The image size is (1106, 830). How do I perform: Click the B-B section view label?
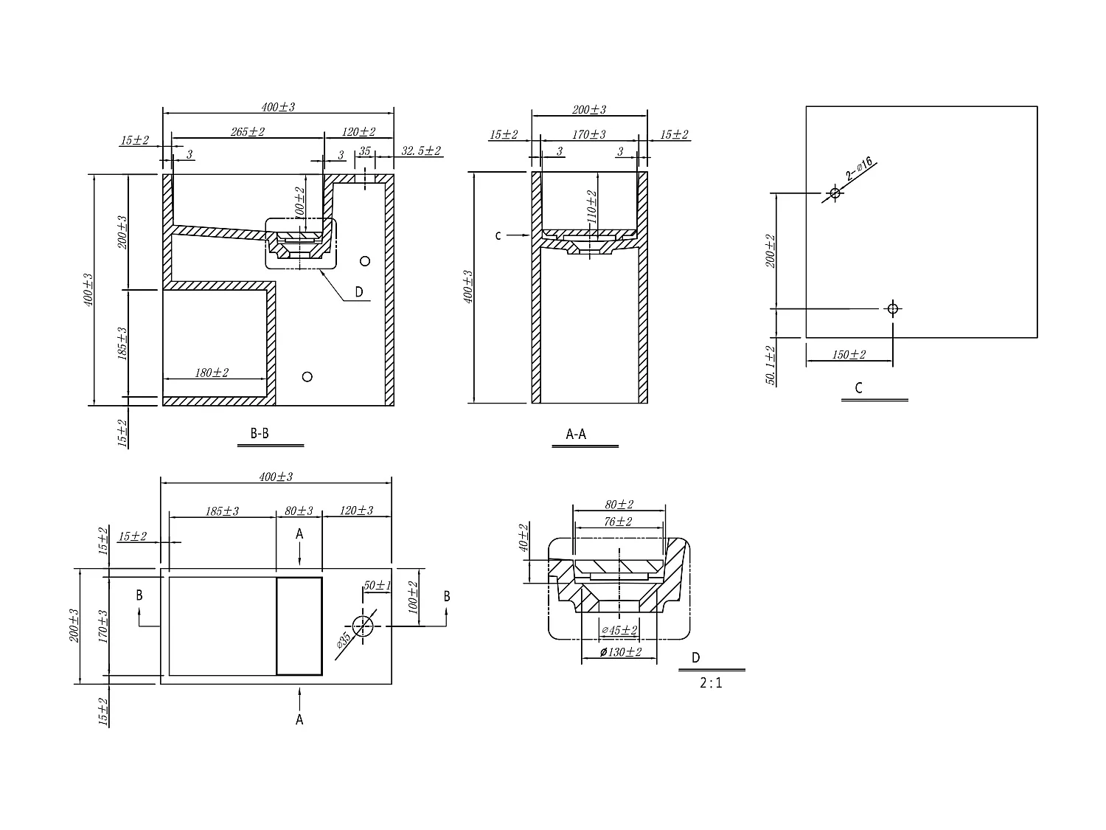pos(260,434)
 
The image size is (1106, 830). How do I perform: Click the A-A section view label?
pos(576,435)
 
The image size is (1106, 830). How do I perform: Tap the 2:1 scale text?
pos(711,683)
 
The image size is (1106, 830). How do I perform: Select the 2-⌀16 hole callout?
pos(860,170)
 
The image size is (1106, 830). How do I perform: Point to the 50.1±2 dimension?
pos(771,365)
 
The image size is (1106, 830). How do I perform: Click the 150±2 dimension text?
pos(849,355)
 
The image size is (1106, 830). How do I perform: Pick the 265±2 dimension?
pos(247,132)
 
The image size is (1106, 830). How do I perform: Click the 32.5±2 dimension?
pos(421,151)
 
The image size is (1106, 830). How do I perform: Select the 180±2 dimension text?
pos(212,373)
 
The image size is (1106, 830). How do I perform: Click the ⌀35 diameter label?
pos(343,640)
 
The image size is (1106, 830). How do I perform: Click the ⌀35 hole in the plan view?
pos(362,626)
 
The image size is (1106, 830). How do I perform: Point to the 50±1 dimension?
pos(377,585)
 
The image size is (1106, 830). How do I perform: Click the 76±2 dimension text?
pos(619,522)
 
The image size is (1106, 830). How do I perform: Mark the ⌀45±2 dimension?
pos(619,630)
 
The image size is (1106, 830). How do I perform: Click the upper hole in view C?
pos(835,193)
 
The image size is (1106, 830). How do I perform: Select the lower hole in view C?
pos(892,308)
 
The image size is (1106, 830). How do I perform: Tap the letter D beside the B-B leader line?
pos(359,292)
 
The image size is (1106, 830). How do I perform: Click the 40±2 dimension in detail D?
pos(524,539)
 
